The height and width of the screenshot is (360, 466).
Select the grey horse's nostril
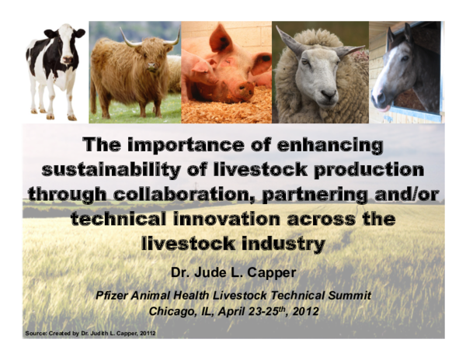pyautogui.click(x=378, y=99)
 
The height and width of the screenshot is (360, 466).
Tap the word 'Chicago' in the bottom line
pyautogui.click(x=172, y=312)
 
